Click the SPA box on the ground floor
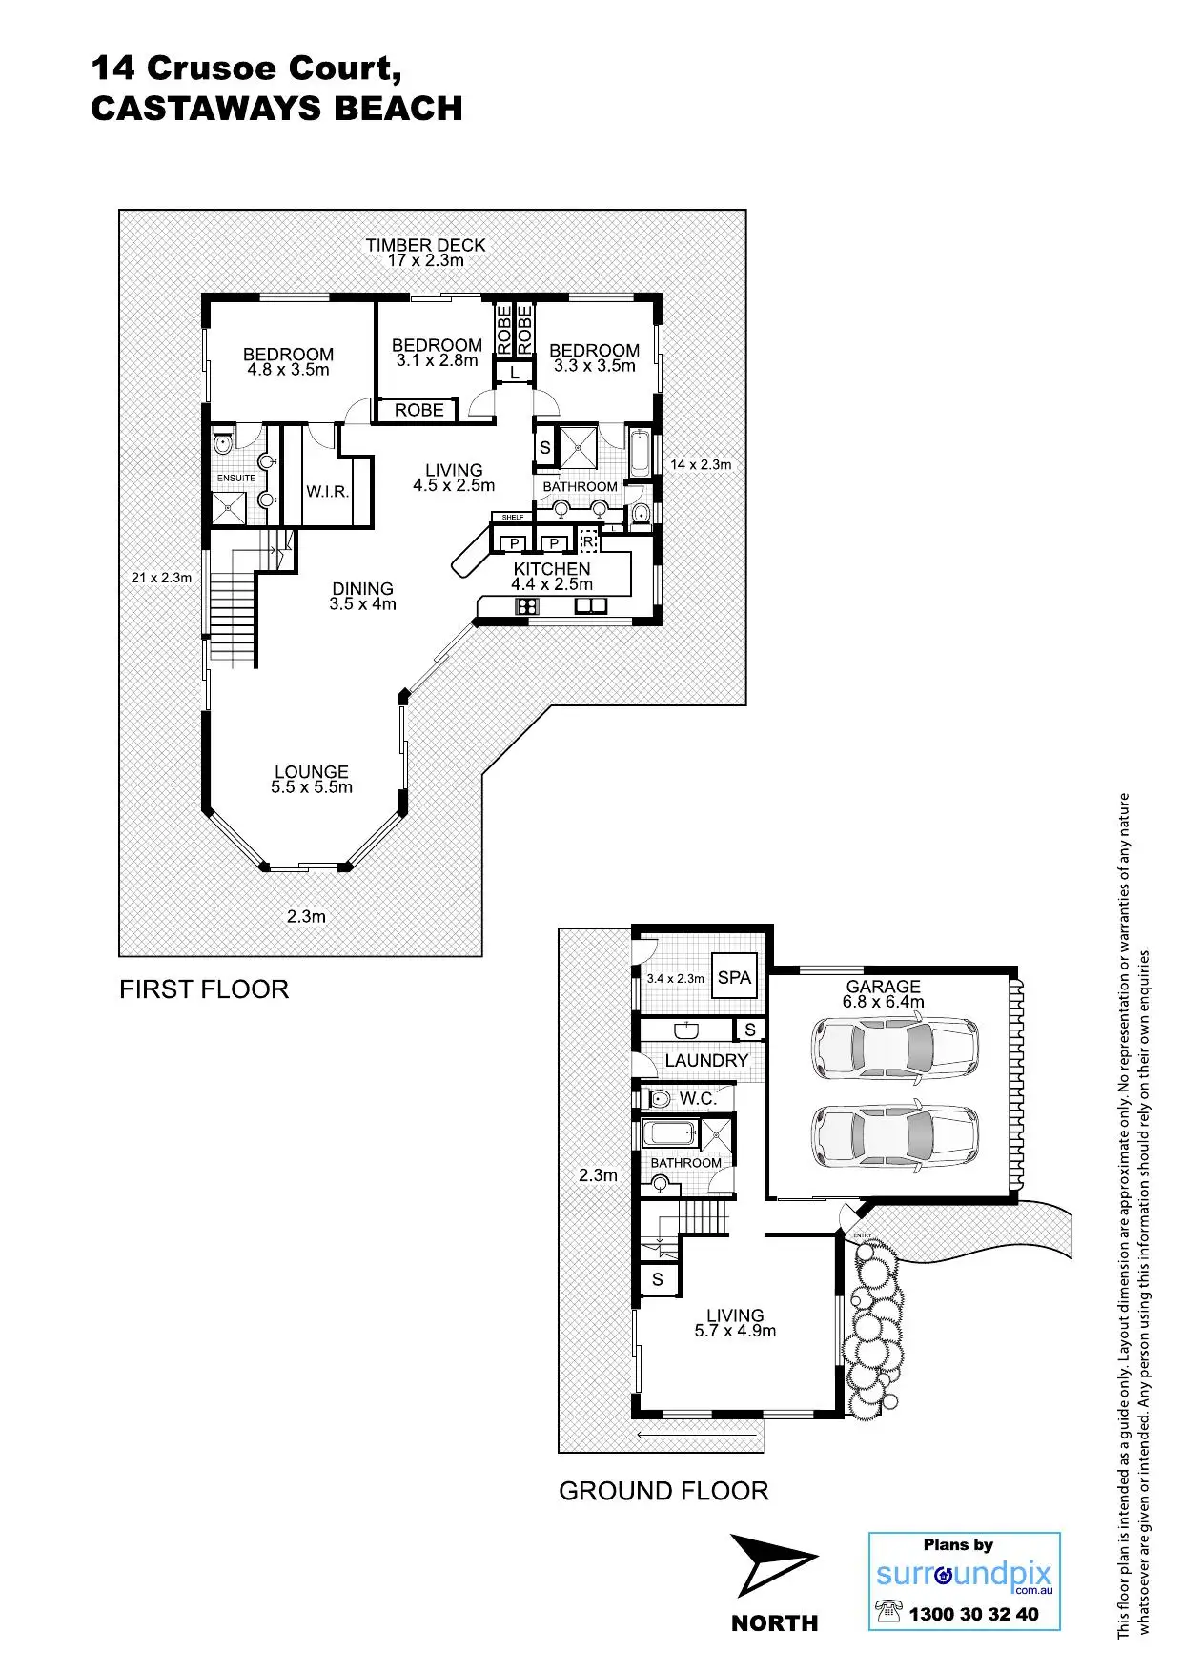pyautogui.click(x=734, y=976)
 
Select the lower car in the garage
pyautogui.click(x=895, y=1134)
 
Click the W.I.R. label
pyautogui.click(x=327, y=492)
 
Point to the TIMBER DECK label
pyautogui.click(x=425, y=245)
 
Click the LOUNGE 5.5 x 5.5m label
pyautogui.click(x=312, y=779)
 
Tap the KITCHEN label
pyautogui.click(x=552, y=568)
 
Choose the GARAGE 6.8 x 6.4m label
pyautogui.click(x=883, y=993)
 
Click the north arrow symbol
pyautogui.click(x=771, y=1565)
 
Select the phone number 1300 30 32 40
pyautogui.click(x=973, y=1614)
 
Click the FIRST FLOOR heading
pyautogui.click(x=204, y=989)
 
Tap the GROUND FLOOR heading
pyautogui.click(x=663, y=1491)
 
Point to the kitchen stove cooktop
pyautogui.click(x=526, y=605)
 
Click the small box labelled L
pyautogui.click(x=515, y=373)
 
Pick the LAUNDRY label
pyautogui.click(x=706, y=1060)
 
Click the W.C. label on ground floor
pyautogui.click(x=698, y=1098)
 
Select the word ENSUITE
pyautogui.click(x=236, y=478)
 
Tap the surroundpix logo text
pyautogui.click(x=964, y=1574)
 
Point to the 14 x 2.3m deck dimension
pyautogui.click(x=701, y=464)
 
